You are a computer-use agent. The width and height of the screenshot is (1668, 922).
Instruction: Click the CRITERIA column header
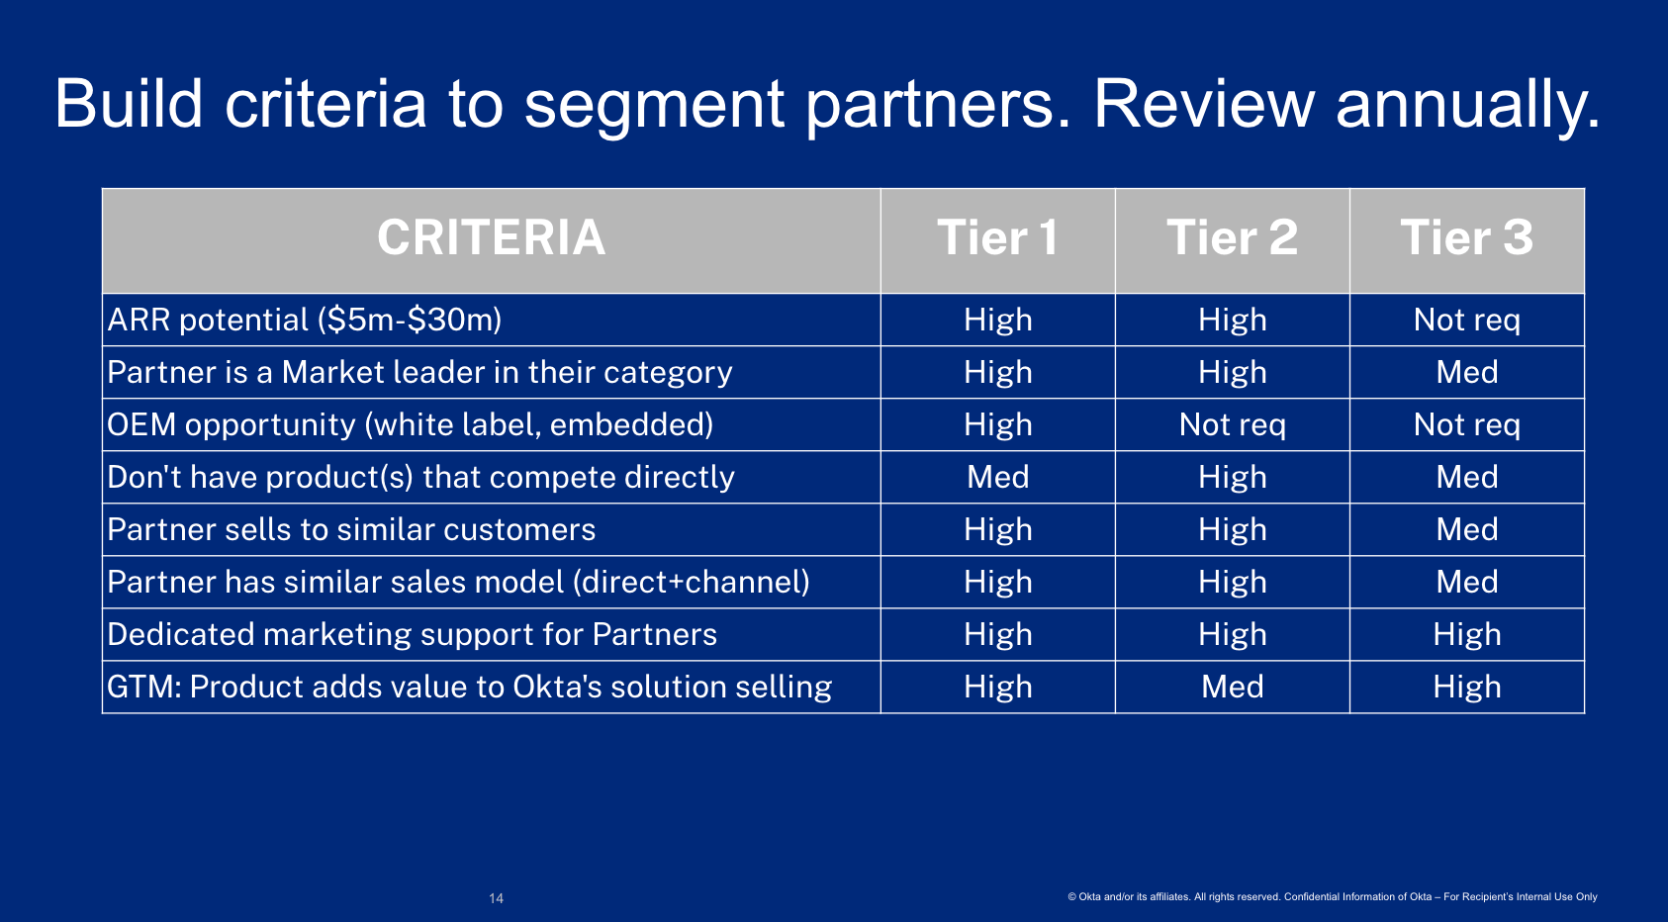coord(491,237)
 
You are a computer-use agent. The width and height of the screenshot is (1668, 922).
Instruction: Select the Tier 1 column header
coord(997,237)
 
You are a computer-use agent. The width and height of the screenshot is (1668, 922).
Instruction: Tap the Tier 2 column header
coord(1232,237)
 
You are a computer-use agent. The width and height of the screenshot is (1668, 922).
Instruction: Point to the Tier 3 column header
coord(1466,237)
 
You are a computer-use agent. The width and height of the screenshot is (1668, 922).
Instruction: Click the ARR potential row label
coord(305,321)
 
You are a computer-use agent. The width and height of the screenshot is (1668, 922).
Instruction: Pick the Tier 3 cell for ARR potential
coord(1467,321)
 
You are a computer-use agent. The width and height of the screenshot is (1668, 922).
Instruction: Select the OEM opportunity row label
coord(411,424)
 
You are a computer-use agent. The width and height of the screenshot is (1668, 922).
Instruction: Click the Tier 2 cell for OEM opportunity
coord(1233,424)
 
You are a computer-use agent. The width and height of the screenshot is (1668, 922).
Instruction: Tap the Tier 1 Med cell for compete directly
coord(998,477)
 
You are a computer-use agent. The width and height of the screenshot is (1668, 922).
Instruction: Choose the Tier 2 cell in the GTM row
coord(1233,687)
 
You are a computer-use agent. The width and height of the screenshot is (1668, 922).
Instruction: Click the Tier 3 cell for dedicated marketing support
coord(1467,634)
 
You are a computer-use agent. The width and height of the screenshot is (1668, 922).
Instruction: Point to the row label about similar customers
coord(351,529)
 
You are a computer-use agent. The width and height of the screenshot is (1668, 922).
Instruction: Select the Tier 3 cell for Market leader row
coord(1467,372)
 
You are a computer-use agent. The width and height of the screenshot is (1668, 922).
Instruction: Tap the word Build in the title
coord(129,104)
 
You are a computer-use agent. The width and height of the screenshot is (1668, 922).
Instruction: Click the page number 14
coord(496,898)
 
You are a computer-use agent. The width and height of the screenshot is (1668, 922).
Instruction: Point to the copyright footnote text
coord(1333,896)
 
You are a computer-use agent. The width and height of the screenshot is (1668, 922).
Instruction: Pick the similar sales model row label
coord(459,582)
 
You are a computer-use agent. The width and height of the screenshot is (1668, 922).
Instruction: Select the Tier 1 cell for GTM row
coord(998,687)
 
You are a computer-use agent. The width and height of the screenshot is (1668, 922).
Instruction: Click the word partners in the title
coord(939,106)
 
